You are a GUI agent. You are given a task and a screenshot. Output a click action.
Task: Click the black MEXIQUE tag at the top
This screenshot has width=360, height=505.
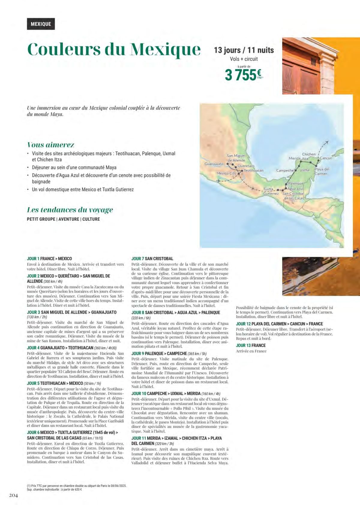(41, 24)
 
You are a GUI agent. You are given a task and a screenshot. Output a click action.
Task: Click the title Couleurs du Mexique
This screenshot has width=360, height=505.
(114, 49)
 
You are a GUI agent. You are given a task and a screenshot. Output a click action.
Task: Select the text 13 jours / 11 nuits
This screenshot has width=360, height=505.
(244, 50)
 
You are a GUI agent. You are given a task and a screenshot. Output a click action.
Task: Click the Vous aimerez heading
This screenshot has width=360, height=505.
(51, 145)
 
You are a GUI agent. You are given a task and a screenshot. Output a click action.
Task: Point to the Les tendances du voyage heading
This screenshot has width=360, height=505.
(70, 210)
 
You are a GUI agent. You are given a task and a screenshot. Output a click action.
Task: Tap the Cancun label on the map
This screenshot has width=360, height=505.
(326, 158)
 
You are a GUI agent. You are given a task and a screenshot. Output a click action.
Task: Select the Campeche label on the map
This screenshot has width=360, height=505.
(285, 170)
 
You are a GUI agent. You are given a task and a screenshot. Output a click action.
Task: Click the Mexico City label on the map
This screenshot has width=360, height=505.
(226, 173)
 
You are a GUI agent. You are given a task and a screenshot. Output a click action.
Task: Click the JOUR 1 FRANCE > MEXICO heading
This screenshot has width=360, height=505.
(49, 259)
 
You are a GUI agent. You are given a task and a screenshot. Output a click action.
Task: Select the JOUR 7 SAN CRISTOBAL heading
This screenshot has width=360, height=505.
(152, 259)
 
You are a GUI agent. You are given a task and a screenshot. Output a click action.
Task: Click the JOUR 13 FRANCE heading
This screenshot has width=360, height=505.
(251, 345)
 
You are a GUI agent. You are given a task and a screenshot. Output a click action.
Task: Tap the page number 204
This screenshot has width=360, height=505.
(13, 495)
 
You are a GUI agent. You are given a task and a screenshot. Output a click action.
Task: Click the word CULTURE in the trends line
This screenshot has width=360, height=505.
(91, 219)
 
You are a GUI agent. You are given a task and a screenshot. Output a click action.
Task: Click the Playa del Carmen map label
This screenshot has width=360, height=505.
(322, 171)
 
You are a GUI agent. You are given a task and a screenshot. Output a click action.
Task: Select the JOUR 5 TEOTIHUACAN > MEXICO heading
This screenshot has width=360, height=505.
(55, 383)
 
